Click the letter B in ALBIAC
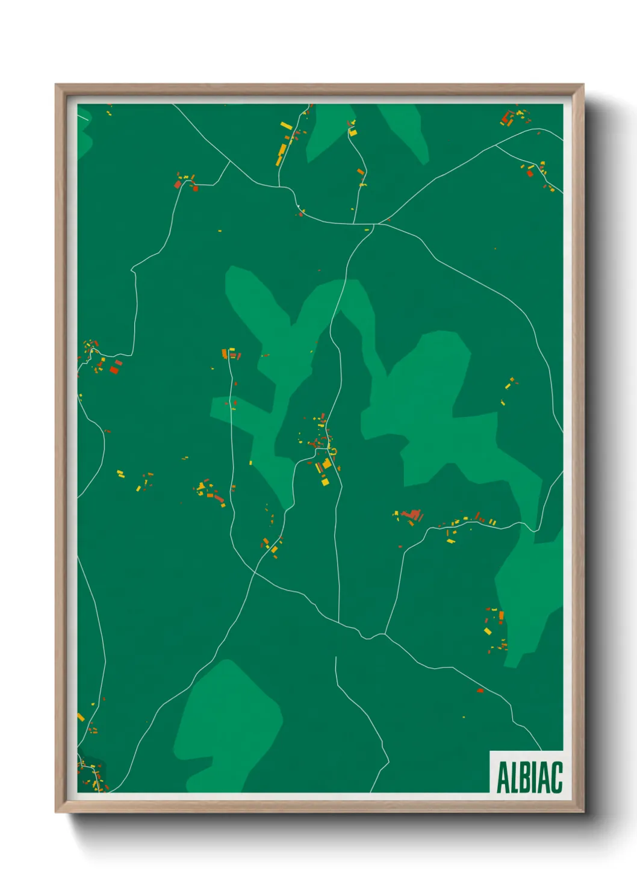tap(526, 777)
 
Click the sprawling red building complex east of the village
tap(412, 515)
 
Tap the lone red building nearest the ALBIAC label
tap(480, 691)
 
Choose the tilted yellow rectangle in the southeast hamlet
tap(488, 631)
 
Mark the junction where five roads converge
tap(375, 224)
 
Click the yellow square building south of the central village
tap(325, 481)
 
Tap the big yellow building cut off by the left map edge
tap(81, 717)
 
